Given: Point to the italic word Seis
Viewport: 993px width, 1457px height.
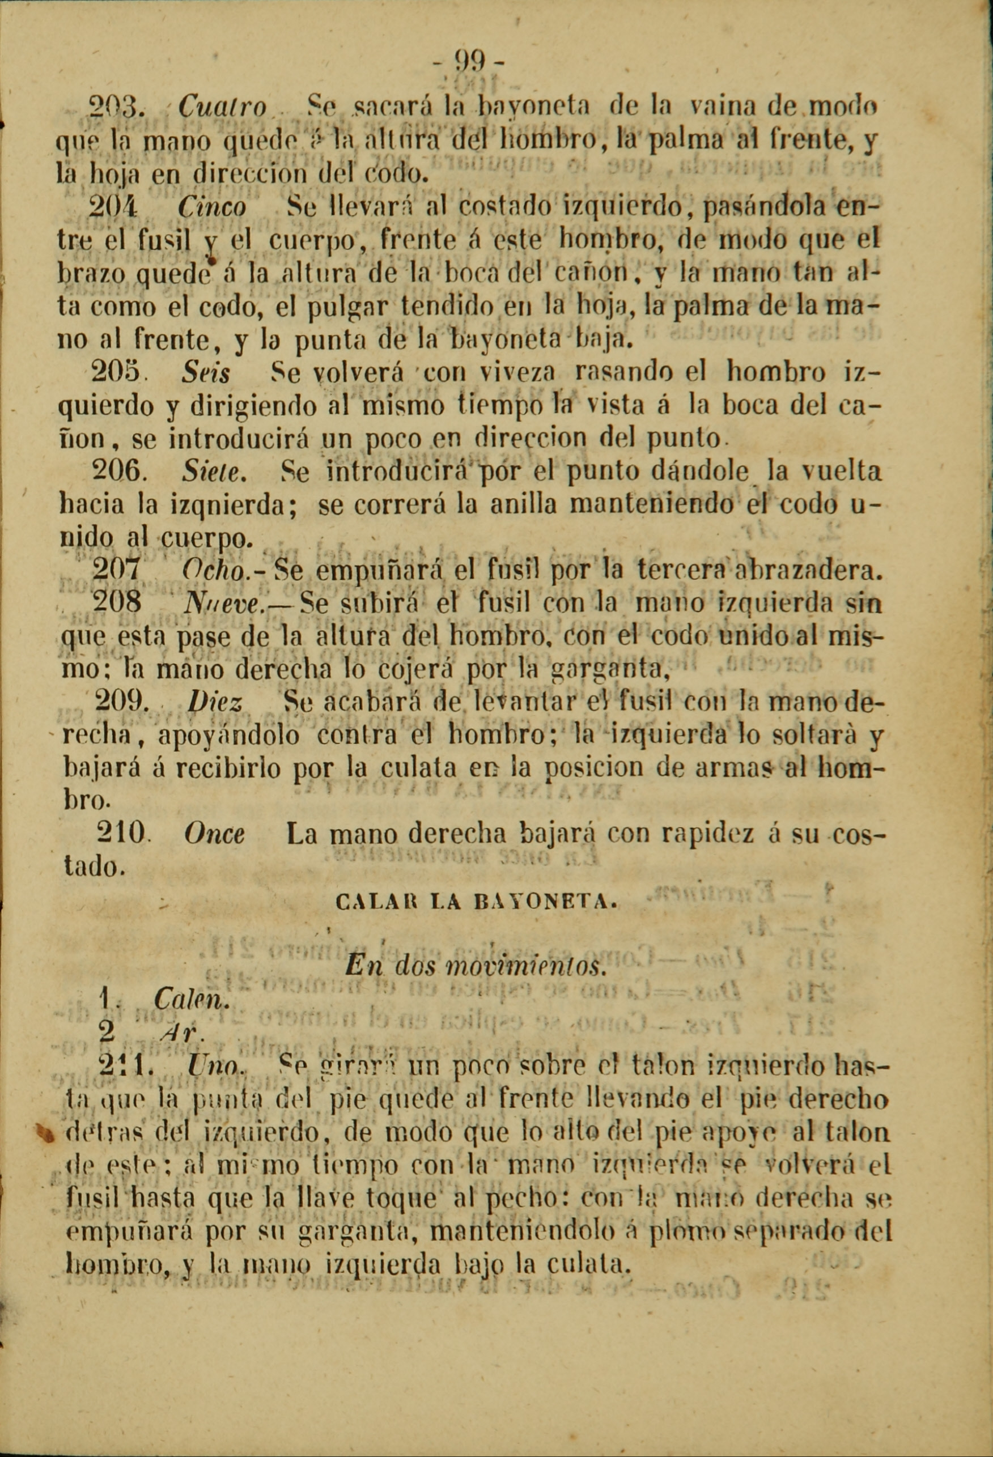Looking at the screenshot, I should point(205,373).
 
